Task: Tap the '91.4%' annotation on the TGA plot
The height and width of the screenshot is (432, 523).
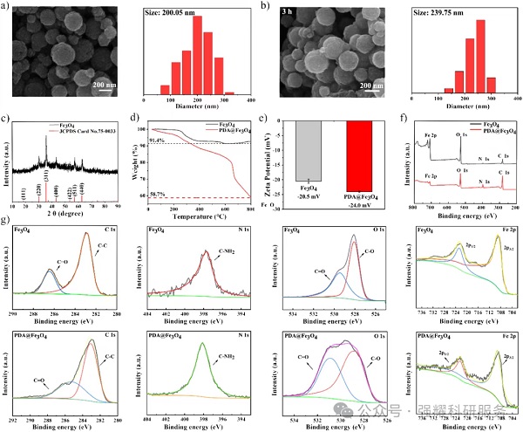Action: point(156,140)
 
